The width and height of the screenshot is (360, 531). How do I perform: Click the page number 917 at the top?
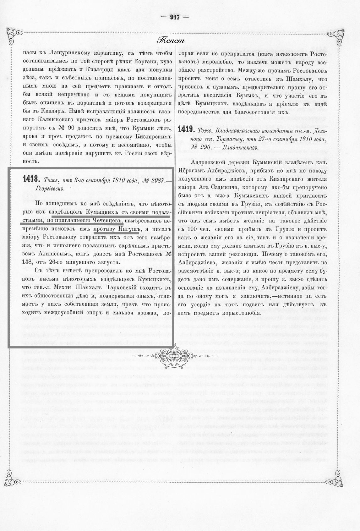(x=175, y=17)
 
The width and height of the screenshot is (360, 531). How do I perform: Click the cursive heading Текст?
(x=170, y=41)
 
